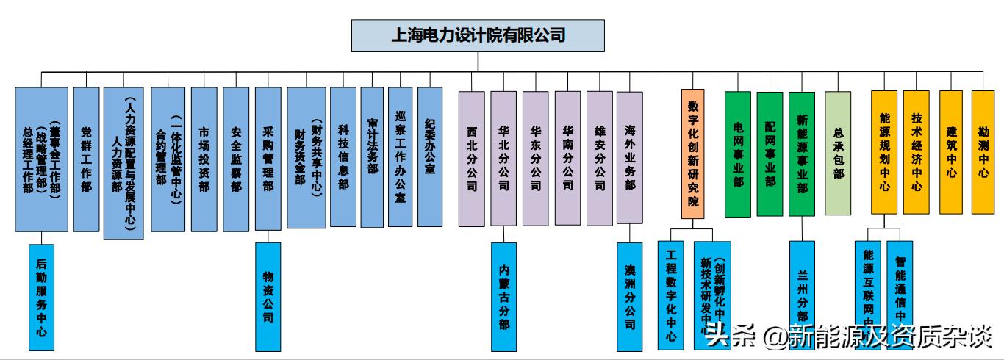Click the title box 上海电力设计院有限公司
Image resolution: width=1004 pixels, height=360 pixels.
478,35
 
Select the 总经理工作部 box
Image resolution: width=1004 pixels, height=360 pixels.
41,159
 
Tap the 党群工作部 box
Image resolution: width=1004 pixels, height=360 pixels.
86,159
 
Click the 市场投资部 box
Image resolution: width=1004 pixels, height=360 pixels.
204,159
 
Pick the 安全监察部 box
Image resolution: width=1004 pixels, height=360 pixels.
236,159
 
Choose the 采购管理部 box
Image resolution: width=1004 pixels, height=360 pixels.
268,159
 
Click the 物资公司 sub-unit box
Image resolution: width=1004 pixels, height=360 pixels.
268,297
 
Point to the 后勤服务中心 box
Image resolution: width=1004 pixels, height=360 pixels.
41,297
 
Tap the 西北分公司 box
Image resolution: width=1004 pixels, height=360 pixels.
472,158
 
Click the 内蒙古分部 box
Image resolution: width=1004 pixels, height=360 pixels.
503,297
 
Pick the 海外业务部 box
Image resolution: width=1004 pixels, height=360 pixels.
630,158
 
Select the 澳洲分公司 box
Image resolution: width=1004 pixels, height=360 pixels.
630,297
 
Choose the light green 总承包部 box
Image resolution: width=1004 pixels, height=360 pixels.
838,153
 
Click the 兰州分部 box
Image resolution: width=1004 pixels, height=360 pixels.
802,297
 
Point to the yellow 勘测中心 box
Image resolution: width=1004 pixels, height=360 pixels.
983,152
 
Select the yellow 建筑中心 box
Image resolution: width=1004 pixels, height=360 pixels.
951,152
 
